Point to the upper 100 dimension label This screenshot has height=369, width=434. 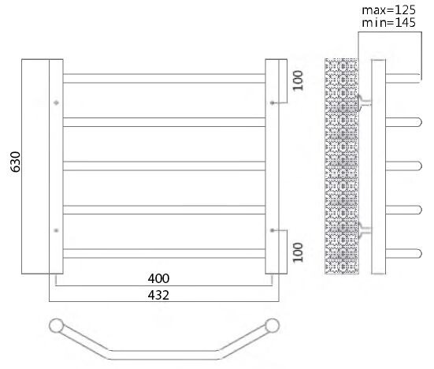tap(297, 81)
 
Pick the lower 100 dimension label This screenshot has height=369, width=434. tap(297, 252)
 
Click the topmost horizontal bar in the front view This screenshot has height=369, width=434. tap(164, 78)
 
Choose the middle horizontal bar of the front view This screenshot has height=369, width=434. tap(164, 166)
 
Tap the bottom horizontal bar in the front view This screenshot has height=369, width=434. tap(164, 252)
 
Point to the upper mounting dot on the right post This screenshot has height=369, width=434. tap(272, 102)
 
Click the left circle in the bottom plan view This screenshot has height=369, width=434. tap(56, 324)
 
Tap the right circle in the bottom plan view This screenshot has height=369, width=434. tap(273, 324)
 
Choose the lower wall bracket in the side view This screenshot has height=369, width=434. tap(364, 229)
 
